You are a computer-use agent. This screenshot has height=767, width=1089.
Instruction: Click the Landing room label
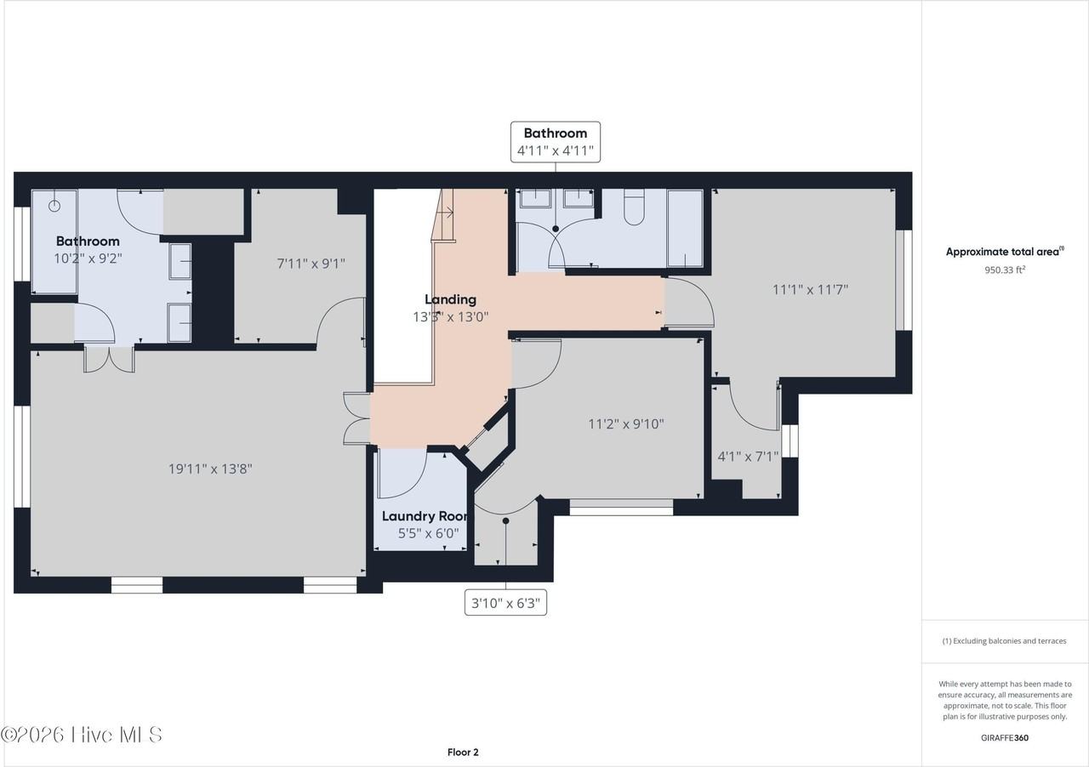tap(450, 299)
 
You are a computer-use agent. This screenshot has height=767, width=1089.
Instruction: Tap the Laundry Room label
tap(425, 516)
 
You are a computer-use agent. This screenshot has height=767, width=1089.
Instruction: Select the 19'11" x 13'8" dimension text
tap(210, 469)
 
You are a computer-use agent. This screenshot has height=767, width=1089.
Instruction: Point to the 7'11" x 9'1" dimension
tap(311, 264)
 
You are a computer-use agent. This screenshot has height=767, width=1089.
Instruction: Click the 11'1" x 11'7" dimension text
tap(810, 290)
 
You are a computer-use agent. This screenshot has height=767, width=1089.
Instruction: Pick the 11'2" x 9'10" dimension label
tap(625, 423)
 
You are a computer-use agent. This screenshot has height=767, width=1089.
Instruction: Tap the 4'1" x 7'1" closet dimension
tap(748, 457)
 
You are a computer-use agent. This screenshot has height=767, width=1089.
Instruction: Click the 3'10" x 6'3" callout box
tap(505, 603)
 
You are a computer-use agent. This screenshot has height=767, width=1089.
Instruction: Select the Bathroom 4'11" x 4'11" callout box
tap(556, 142)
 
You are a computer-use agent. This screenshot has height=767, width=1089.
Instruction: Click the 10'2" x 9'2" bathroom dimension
tap(88, 259)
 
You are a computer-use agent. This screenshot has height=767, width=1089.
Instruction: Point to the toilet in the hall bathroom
tap(634, 207)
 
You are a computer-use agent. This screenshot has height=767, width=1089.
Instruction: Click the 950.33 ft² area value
tap(1005, 270)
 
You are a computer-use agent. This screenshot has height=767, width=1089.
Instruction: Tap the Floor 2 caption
tap(463, 752)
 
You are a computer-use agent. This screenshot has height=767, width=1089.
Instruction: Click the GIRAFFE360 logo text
tap(1005, 737)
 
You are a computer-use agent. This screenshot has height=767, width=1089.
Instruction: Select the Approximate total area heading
tap(1005, 252)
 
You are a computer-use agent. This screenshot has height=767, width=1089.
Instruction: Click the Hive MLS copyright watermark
tap(81, 735)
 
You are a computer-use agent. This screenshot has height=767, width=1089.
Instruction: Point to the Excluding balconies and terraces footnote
tap(1005, 640)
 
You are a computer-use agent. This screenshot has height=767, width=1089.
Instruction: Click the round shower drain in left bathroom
tap(54, 206)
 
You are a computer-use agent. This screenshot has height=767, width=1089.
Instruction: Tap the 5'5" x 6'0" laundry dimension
tap(428, 533)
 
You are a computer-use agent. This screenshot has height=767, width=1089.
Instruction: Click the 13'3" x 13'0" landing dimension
tap(450, 317)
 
